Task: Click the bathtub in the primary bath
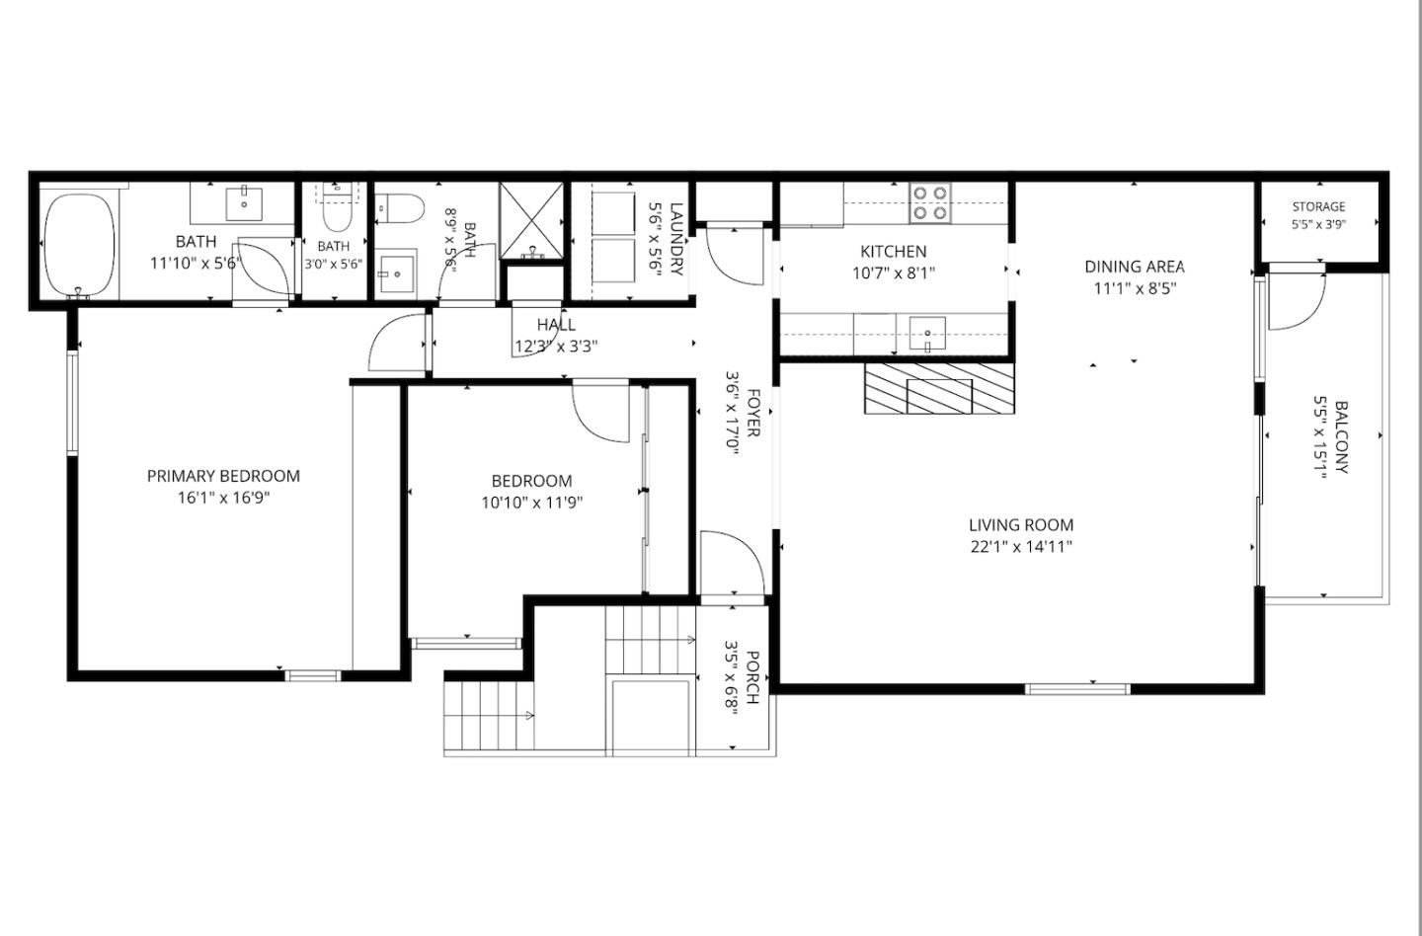[x=79, y=245]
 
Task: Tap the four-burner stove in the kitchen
[x=929, y=203]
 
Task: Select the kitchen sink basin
[x=927, y=334]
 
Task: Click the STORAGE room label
[x=1318, y=207]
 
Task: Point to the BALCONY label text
[x=1341, y=436]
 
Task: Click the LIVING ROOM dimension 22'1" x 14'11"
[x=1021, y=547]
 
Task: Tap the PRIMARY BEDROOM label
[x=223, y=476]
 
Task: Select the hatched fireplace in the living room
[x=939, y=388]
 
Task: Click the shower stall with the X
[x=531, y=221]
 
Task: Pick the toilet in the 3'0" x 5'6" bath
[x=337, y=208]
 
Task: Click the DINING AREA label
[x=1135, y=267]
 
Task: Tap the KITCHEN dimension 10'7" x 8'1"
[x=894, y=273]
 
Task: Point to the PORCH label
[x=751, y=677]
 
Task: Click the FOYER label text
[x=752, y=413]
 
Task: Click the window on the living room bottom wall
[x=1077, y=688]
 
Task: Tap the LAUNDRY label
[x=676, y=239]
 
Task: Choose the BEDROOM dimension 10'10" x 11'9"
[x=532, y=504]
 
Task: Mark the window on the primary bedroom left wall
[x=72, y=402]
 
